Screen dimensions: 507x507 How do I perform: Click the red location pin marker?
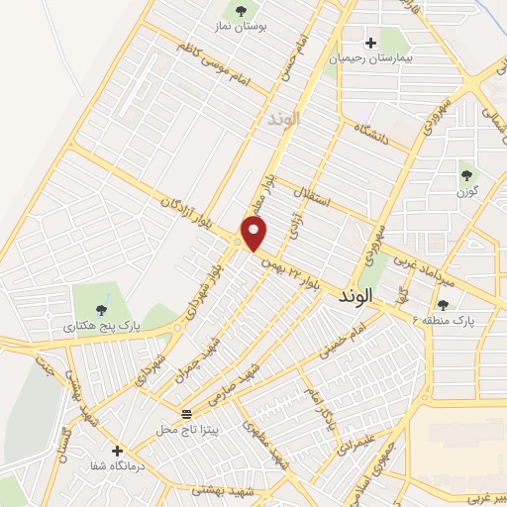(x=255, y=234)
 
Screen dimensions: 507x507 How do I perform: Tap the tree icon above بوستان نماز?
(x=240, y=11)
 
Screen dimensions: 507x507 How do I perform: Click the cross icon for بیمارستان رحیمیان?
(x=371, y=43)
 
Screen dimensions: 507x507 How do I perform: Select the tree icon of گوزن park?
(x=465, y=175)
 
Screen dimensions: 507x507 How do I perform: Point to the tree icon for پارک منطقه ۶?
(x=443, y=305)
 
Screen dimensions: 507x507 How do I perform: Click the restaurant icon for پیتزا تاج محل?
(x=186, y=412)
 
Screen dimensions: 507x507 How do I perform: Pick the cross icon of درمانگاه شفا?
(x=118, y=450)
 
